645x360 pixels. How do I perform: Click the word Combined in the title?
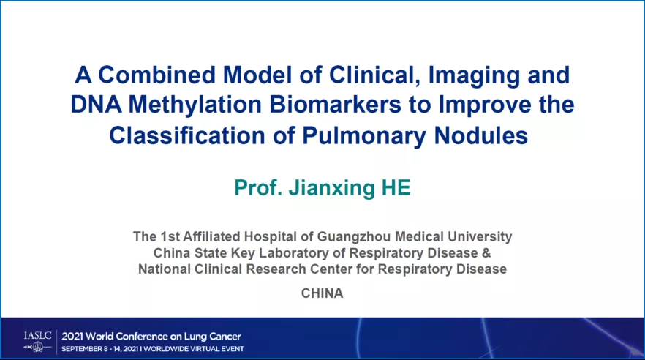pos(156,75)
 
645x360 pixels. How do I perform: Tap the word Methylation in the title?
pos(195,105)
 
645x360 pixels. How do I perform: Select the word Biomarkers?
pos(335,105)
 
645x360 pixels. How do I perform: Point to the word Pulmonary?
pos(364,136)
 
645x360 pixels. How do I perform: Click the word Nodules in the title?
pos(481,135)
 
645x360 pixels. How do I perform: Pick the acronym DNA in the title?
pos(97,105)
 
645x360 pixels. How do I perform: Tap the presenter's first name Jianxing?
pos(331,188)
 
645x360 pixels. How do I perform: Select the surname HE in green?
pos(396,187)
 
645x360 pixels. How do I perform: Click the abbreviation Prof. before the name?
pos(258,187)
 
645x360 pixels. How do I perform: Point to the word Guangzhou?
pos(354,236)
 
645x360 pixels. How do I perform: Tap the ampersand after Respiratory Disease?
pos(486,252)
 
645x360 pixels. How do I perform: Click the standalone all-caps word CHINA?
pos(322,293)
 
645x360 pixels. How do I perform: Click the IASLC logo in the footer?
pos(38,342)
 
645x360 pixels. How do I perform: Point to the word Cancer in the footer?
pos(225,337)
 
